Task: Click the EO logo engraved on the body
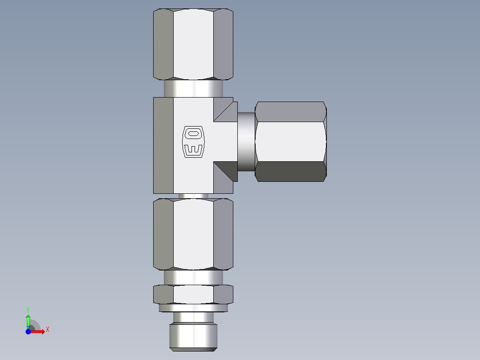[193, 142]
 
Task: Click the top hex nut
[193, 45]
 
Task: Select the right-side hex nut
[290, 141]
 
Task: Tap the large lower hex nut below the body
[193, 234]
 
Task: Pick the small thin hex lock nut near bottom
[193, 294]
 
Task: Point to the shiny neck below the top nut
[193, 88]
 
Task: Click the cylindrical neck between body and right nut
[246, 142]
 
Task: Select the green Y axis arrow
[28, 320]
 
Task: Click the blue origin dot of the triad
[28, 331]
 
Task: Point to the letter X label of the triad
[48, 330]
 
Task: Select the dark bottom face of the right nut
[290, 172]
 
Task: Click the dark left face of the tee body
[163, 145]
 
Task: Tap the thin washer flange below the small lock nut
[193, 307]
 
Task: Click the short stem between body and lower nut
[193, 196]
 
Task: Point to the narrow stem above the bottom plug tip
[193, 317]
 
